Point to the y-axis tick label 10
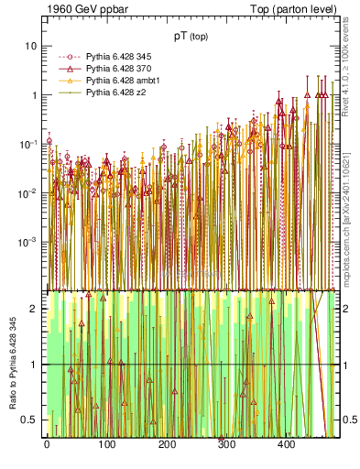tap(31, 46)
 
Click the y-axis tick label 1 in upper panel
tap(34, 95)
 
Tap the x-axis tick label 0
tap(47, 445)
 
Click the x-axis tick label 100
tap(106, 445)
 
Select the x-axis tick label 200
tap(167, 445)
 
